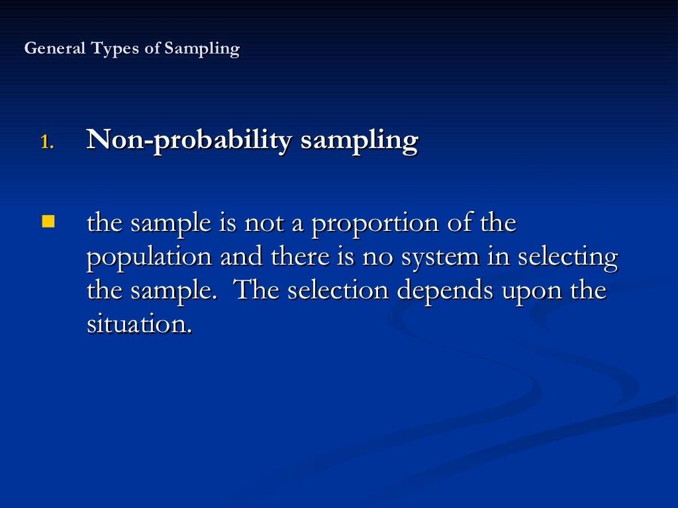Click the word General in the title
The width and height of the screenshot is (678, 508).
point(54,49)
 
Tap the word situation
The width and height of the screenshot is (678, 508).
point(139,324)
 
